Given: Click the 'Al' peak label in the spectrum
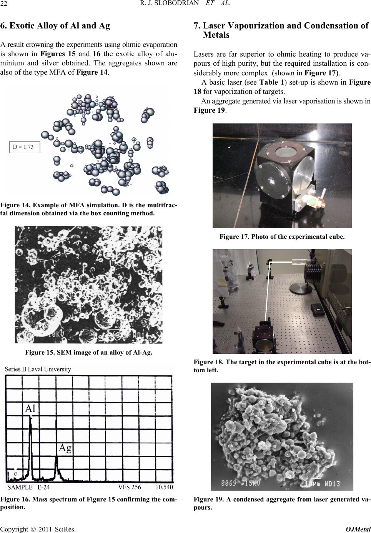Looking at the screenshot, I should coord(30,408).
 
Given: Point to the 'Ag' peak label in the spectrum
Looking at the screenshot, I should coord(65,448).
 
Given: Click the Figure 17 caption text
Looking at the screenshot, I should coord(282,237).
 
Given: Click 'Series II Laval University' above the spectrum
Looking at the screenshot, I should coord(38,369).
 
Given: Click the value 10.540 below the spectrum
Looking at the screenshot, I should coord(164,487).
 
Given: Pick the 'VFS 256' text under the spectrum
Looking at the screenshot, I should coord(130,487).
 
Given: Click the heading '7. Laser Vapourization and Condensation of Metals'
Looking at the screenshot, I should coord(281,30).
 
